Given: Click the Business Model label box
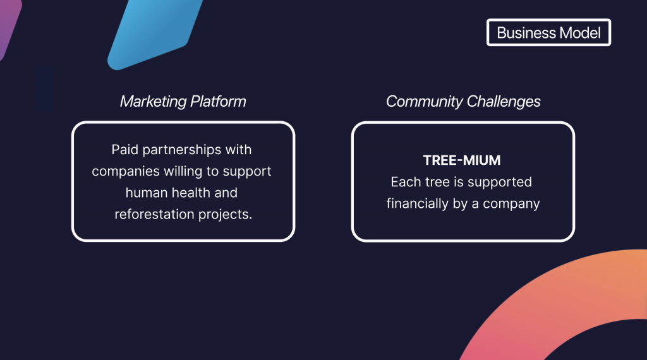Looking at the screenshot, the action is click(548, 32).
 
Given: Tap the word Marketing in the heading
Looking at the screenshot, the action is click(153, 102).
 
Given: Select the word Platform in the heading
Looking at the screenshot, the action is click(218, 102).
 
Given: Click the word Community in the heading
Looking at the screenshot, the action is click(424, 102).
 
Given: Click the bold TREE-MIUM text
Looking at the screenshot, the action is click(462, 160).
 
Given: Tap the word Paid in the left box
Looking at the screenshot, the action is click(124, 149).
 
